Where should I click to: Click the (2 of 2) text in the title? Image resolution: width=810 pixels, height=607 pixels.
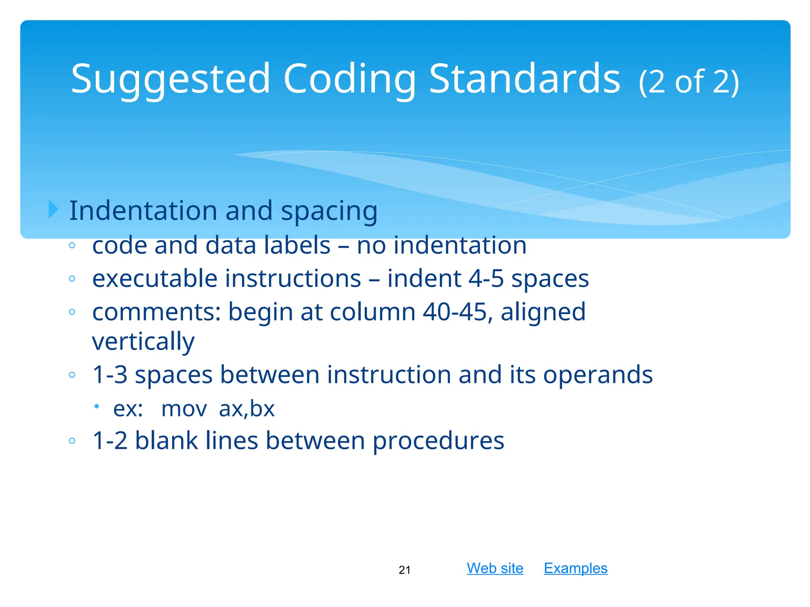(689, 82)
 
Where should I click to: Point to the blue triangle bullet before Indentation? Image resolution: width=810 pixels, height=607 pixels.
(53, 209)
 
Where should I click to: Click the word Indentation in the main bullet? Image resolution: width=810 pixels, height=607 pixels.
(143, 210)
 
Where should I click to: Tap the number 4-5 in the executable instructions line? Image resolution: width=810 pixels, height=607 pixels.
(486, 278)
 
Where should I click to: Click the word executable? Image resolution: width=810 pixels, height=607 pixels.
(155, 278)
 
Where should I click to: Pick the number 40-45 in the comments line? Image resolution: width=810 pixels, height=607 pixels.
(454, 312)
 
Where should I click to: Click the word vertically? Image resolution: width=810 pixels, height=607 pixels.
(143, 341)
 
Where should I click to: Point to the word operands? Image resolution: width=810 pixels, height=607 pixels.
(598, 374)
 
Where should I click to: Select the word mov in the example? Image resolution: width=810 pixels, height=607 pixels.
(184, 409)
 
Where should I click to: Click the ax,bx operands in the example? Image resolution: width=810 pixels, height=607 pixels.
(247, 409)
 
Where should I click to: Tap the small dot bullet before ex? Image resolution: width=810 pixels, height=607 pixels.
(97, 406)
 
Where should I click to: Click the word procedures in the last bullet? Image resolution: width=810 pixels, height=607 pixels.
(438, 441)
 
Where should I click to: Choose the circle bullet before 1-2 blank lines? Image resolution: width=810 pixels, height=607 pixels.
(72, 441)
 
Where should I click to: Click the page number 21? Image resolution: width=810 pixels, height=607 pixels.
(405, 570)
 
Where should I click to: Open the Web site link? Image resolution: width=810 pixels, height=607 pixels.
(495, 568)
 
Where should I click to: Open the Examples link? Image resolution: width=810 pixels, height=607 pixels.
(575, 568)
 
